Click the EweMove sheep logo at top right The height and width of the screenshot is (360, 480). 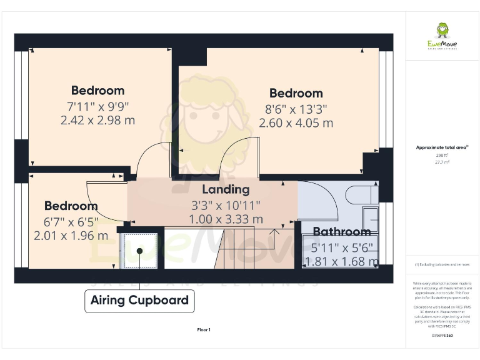pyautogui.click(x=442, y=31)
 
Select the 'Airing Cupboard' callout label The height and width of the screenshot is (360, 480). pyautogui.click(x=139, y=300)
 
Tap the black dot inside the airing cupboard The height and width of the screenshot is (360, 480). pyautogui.click(x=139, y=251)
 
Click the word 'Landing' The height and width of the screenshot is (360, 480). pyautogui.click(x=226, y=189)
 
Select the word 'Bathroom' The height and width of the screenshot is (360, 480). pyautogui.click(x=341, y=232)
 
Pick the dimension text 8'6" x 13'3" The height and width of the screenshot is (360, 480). pyautogui.click(x=296, y=109)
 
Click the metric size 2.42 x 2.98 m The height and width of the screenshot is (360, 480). pyautogui.click(x=97, y=120)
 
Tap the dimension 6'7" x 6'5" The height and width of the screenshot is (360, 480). pyautogui.click(x=71, y=221)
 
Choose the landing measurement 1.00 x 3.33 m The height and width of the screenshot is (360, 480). pyautogui.click(x=226, y=219)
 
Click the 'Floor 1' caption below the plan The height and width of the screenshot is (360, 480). pyautogui.click(x=204, y=329)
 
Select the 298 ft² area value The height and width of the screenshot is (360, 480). pyautogui.click(x=442, y=154)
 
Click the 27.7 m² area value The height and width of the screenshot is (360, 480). pyautogui.click(x=442, y=161)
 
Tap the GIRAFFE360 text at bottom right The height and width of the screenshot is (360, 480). pyautogui.click(x=442, y=336)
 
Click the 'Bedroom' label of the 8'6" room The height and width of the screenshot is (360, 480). pyautogui.click(x=296, y=94)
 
